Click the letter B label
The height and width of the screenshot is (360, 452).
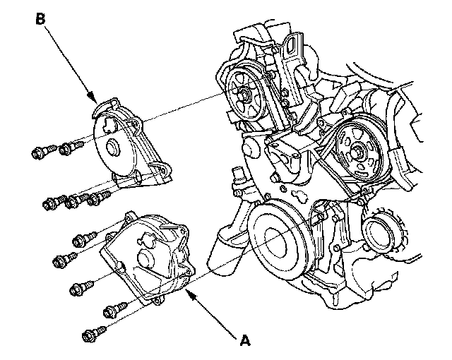point(40,20)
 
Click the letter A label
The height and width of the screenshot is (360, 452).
point(245,340)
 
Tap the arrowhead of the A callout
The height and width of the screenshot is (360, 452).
point(190,294)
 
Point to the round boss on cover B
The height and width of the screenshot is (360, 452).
point(112,147)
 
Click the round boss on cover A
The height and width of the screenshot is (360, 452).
point(146,258)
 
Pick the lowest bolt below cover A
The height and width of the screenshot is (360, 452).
point(94,334)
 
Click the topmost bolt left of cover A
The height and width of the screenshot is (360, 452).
point(85,239)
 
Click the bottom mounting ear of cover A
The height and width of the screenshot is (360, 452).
point(157,301)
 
